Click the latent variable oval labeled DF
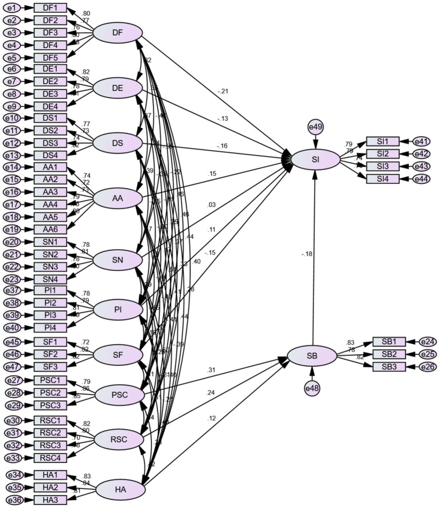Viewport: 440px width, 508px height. point(118,33)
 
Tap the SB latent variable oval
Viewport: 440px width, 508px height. point(311,356)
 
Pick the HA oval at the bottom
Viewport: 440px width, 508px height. point(120,489)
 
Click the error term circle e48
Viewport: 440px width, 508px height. point(312,388)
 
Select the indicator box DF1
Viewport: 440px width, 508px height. point(50,8)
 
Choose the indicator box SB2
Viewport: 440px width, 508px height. point(389,354)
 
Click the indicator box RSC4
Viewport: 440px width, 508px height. point(50,458)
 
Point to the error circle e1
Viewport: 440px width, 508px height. point(13,8)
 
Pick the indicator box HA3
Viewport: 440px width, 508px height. point(50,500)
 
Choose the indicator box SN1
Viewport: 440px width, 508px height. point(50,242)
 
